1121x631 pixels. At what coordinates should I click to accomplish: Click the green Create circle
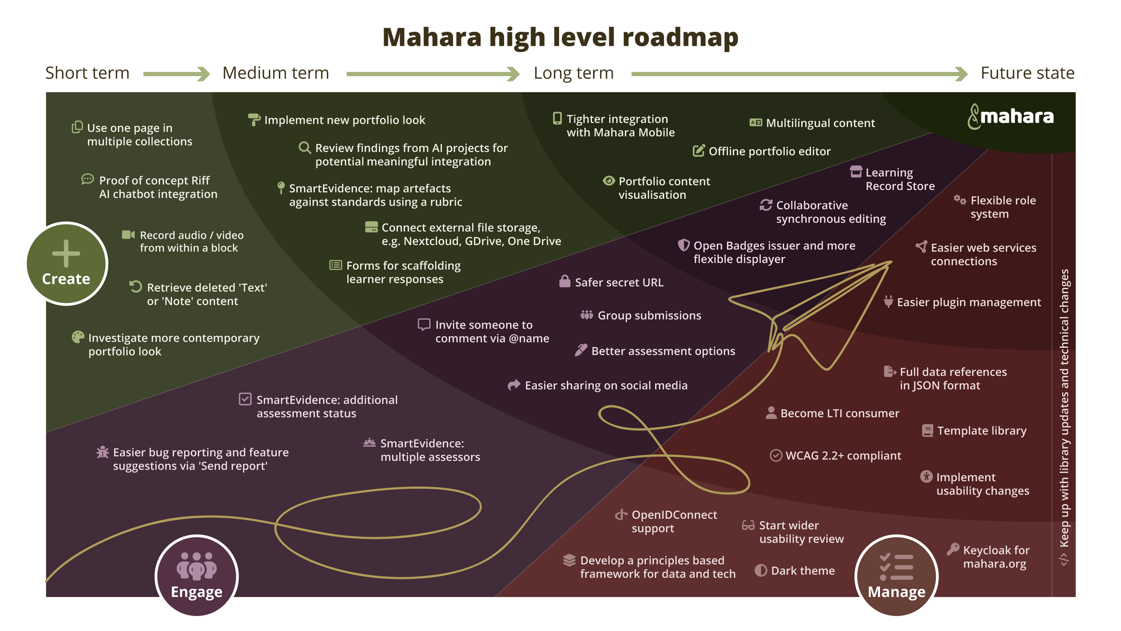[x=67, y=264]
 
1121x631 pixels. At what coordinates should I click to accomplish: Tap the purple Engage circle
[x=197, y=575]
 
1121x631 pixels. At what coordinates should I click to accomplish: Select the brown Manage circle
[x=896, y=575]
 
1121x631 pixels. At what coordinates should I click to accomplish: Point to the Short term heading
[x=87, y=73]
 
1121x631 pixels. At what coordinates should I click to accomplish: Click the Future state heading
[x=1027, y=73]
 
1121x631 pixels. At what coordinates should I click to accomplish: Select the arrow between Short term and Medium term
[x=176, y=74]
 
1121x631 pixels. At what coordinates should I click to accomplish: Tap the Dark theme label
[x=802, y=571]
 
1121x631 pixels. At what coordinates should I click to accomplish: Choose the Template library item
[x=981, y=430]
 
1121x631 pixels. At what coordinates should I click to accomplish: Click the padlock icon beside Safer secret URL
[x=565, y=281]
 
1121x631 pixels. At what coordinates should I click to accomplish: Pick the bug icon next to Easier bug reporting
[x=102, y=452]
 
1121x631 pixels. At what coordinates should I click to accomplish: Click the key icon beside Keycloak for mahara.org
[x=953, y=549]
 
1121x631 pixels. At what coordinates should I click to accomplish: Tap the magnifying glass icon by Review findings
[x=305, y=148]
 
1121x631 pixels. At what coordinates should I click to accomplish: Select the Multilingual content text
[x=820, y=123]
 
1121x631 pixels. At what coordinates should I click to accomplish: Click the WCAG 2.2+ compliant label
[x=843, y=455]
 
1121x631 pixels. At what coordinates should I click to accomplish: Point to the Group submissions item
[x=649, y=315]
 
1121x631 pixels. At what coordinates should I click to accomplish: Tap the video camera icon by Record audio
[x=128, y=235]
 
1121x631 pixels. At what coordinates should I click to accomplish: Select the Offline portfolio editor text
[x=769, y=151]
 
